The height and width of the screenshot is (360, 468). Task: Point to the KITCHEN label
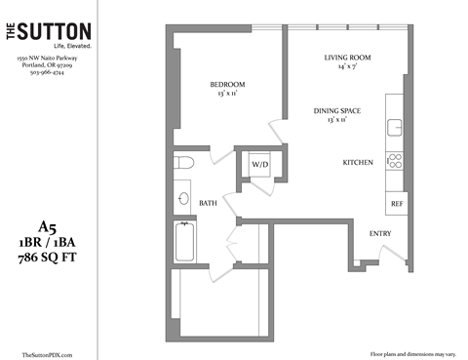pos(358,161)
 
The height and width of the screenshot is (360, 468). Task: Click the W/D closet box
pos(260,165)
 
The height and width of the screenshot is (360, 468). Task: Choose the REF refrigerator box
pos(397,205)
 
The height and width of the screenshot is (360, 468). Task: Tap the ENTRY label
pos(379,234)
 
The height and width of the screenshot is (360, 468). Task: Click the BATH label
pos(209,203)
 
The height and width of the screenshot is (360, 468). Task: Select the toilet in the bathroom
pos(185,161)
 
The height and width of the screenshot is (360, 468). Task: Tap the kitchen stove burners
pos(396,161)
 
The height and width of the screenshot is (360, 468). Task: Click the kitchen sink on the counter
pos(396,126)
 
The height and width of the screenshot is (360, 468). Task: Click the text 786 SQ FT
pos(48,258)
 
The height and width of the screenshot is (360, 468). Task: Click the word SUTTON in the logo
pos(58,33)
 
